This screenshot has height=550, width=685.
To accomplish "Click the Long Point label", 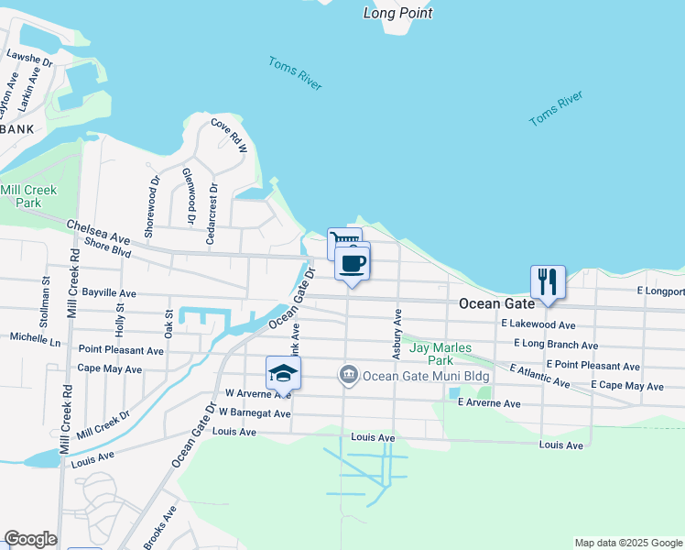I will point(397,13).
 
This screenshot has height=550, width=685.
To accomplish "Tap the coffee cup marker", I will point(353,265).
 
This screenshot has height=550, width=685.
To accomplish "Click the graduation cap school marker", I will point(284,372).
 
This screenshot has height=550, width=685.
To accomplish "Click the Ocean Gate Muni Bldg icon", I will point(348,374).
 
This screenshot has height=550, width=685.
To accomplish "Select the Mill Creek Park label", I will point(28,196).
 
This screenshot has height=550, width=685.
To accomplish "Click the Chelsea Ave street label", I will point(98,231).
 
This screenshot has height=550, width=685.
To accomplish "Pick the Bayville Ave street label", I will point(109,293).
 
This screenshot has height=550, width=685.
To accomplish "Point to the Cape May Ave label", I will point(110,368).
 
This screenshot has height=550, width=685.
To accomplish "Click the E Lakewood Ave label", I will point(538,324).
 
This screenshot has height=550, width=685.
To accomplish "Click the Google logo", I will point(30,539).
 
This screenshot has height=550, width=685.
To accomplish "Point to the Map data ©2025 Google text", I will point(628,543).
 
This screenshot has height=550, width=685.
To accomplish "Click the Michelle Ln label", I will point(35,338).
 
